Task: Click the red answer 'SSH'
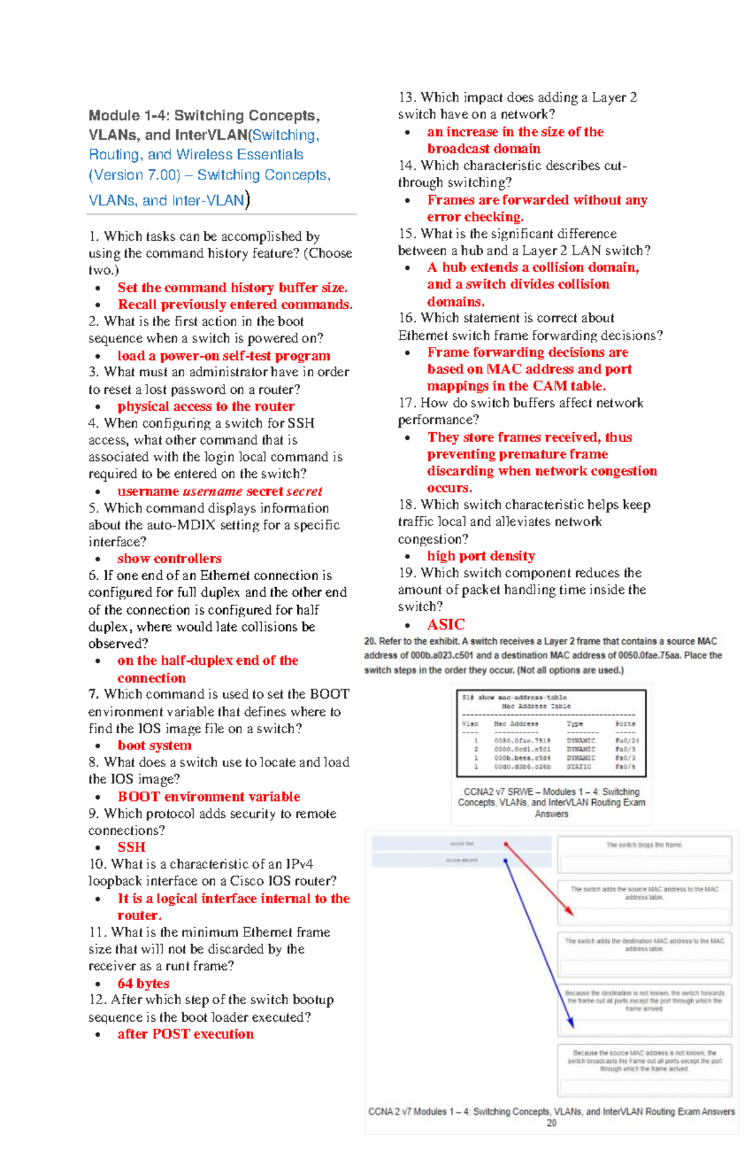tap(131, 847)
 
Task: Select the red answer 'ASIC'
tap(446, 624)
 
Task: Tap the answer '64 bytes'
tap(143, 983)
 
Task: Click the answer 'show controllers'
tap(169, 558)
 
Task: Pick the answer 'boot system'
tap(154, 745)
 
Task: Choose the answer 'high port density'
tap(481, 556)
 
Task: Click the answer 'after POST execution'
tap(185, 1034)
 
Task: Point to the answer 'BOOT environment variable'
tap(209, 797)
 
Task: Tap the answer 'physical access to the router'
tap(206, 406)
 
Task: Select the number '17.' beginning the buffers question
tap(407, 403)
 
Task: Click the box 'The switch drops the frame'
tap(644, 845)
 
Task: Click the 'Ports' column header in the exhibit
tap(625, 723)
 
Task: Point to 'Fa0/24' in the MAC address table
tap(627, 741)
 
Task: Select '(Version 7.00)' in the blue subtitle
tap(134, 175)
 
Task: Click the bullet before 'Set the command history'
tap(98, 288)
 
